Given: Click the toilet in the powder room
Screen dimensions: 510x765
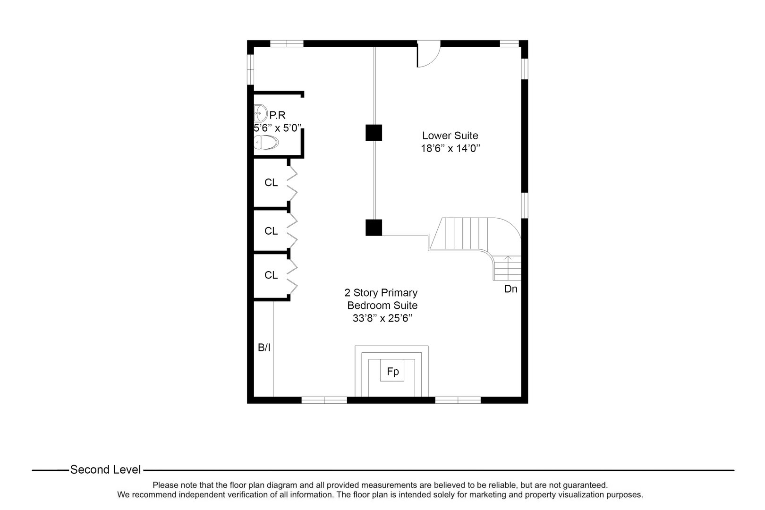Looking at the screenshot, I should (266, 142).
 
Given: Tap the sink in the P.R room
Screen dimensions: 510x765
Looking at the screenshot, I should (259, 113).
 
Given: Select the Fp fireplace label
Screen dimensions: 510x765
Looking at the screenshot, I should (392, 372).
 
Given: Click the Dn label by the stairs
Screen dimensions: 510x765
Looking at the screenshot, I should (510, 289).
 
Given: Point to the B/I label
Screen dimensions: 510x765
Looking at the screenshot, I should (264, 348).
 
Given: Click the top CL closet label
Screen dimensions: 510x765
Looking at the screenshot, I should (271, 183).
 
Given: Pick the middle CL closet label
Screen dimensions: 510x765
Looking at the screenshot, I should (271, 231).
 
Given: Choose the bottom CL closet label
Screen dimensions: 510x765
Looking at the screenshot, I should (271, 275).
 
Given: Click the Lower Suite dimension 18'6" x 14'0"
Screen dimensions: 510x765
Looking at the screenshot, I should (450, 148).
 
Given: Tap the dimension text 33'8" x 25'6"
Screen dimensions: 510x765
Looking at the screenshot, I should (382, 318).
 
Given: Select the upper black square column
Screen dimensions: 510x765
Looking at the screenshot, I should (374, 133).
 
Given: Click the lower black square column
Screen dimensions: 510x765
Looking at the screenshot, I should (374, 228).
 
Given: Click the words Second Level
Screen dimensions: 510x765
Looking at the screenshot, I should (105, 470).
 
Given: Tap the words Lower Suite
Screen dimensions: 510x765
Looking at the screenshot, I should (450, 136).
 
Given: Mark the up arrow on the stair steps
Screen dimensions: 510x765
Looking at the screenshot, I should (508, 258).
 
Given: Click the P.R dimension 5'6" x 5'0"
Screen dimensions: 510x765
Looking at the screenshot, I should (278, 128).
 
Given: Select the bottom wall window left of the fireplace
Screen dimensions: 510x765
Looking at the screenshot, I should (324, 400).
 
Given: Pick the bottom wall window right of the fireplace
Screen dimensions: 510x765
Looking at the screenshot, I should (458, 400).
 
